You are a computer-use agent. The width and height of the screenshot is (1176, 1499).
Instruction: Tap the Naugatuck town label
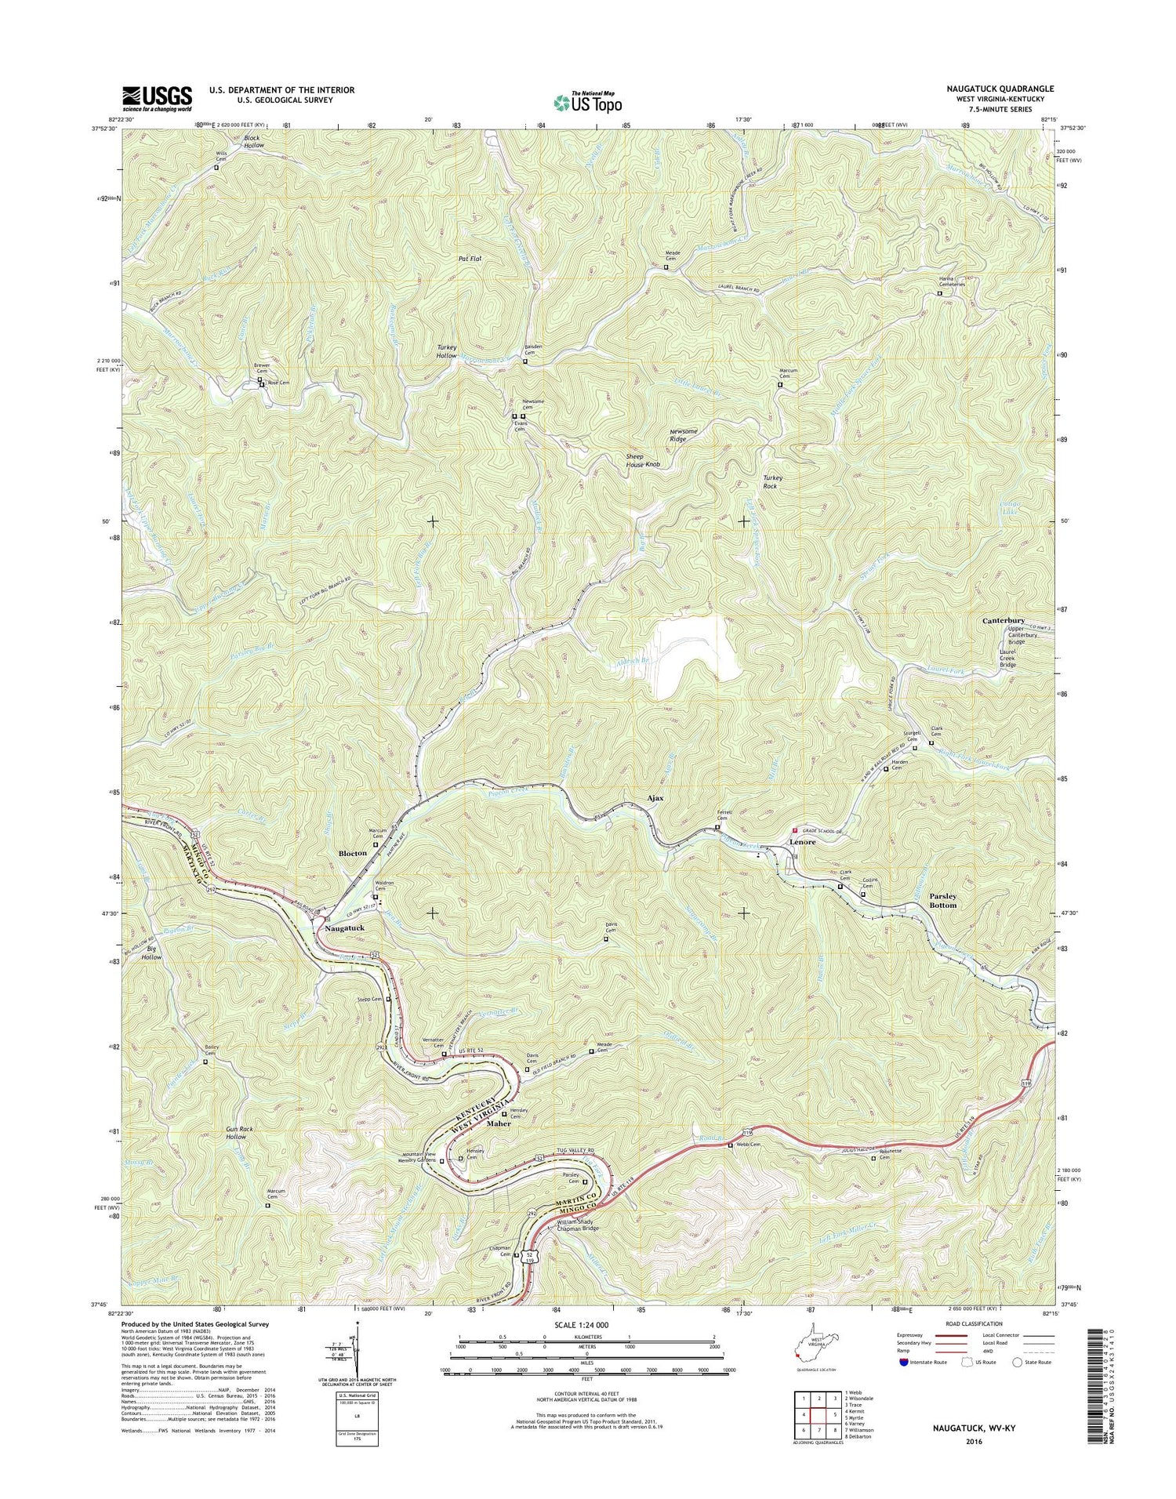[x=345, y=927]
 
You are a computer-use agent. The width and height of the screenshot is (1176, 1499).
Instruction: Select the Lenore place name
[x=802, y=841]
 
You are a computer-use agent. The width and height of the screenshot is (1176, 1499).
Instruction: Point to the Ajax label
[x=655, y=798]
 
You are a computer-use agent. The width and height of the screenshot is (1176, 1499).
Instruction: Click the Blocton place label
[x=352, y=853]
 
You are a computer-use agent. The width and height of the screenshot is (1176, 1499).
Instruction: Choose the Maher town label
[x=499, y=1123]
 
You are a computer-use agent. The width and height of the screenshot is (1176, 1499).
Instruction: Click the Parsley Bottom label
[x=943, y=900]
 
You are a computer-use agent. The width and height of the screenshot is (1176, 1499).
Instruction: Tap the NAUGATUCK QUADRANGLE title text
[x=1000, y=89]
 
